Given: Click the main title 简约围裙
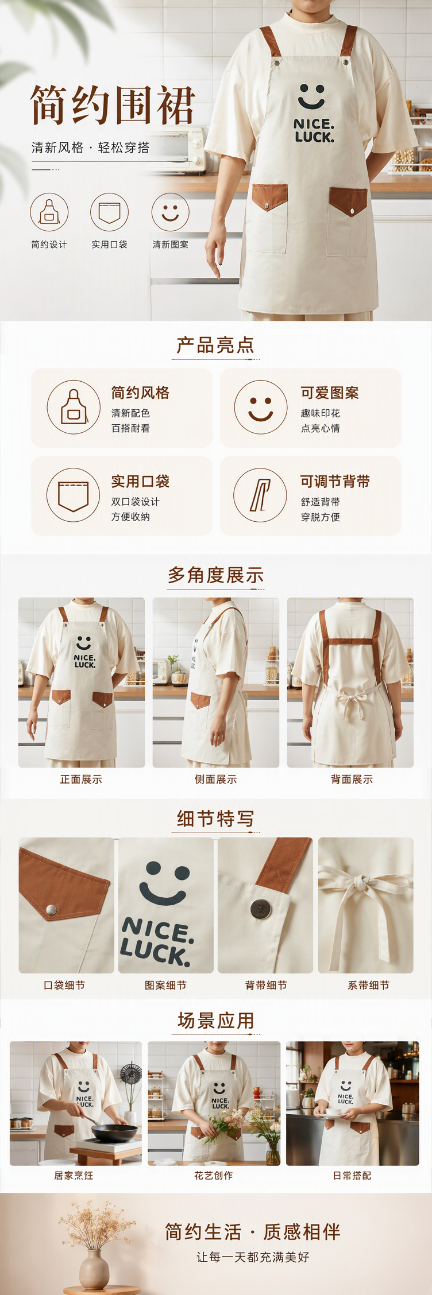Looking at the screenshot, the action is point(113,105).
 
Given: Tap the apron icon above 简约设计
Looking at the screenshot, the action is point(49,212).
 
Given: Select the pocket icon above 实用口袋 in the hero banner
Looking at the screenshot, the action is point(109,212).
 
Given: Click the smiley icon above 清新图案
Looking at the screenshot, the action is point(170,212).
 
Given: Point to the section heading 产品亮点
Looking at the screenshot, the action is point(215,345).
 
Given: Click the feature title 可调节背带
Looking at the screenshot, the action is point(335,481).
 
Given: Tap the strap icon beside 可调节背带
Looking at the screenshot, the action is point(260,495).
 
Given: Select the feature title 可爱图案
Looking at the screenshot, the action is point(330,393).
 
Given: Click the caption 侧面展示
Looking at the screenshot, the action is point(215,779).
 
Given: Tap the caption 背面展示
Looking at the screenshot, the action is point(352,779).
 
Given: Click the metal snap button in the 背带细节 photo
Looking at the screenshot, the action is point(261,909).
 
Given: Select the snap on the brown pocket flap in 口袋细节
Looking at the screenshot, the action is point(51,909).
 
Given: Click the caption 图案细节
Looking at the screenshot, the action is point(165,985).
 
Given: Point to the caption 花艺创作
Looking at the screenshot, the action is point(214,1175).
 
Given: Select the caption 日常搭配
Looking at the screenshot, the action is point(352,1175).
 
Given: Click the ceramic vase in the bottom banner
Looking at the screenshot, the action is point(94,1269).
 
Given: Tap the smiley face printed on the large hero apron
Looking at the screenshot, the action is point(311,96).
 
